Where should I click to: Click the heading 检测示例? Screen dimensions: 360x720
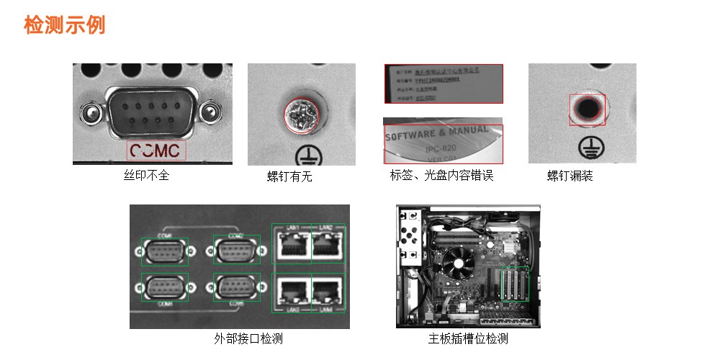[x=65, y=24]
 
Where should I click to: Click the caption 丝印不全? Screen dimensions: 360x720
[x=147, y=175]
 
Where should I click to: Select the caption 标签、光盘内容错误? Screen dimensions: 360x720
[x=441, y=175]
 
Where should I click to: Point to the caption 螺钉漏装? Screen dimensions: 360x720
[x=570, y=176]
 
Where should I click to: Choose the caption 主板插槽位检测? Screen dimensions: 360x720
[x=468, y=338]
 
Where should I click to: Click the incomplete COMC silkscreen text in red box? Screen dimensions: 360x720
[x=156, y=150]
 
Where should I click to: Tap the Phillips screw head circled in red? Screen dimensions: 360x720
[x=298, y=116]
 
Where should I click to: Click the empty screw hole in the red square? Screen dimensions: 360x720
[x=588, y=109]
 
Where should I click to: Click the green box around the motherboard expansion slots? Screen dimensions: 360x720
[x=514, y=284]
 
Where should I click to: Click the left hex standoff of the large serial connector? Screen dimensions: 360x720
[x=89, y=112]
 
